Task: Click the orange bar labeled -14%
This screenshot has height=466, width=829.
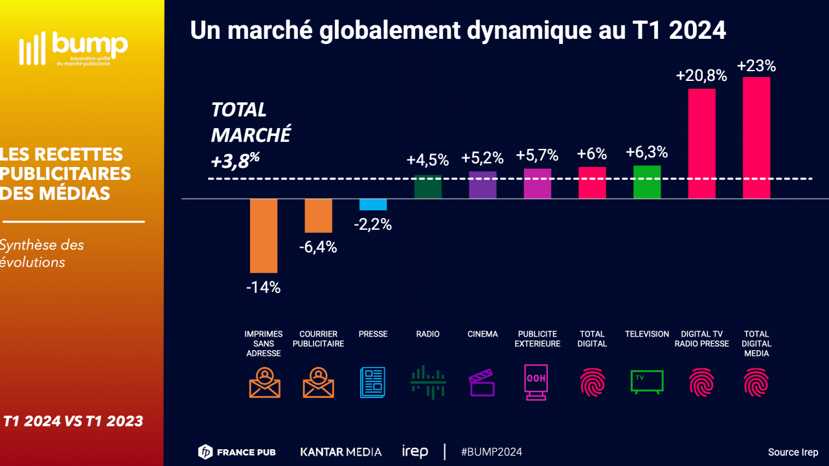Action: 264,236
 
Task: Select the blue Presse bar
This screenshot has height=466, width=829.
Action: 373,205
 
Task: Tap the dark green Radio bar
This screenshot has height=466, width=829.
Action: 427,186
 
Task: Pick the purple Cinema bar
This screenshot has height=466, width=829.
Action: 483,185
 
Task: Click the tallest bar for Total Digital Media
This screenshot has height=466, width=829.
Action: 756,138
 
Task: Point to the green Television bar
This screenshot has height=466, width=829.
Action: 647,182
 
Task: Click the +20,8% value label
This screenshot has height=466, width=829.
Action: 701,76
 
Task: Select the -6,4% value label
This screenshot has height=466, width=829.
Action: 318,247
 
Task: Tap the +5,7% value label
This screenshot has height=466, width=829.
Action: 537,155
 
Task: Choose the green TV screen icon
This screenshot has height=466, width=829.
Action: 647,381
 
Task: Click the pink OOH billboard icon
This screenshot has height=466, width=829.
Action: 536,382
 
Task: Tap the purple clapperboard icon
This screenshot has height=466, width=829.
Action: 482,383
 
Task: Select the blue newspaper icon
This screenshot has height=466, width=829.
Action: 372,382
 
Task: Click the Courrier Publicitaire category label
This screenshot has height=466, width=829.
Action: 318,339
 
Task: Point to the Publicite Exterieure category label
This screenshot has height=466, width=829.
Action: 537,339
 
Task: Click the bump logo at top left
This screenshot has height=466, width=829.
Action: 73,48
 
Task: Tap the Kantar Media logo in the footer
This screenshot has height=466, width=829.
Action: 341,452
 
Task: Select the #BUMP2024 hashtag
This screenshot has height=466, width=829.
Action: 492,452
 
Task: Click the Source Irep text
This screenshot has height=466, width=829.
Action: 793,452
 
